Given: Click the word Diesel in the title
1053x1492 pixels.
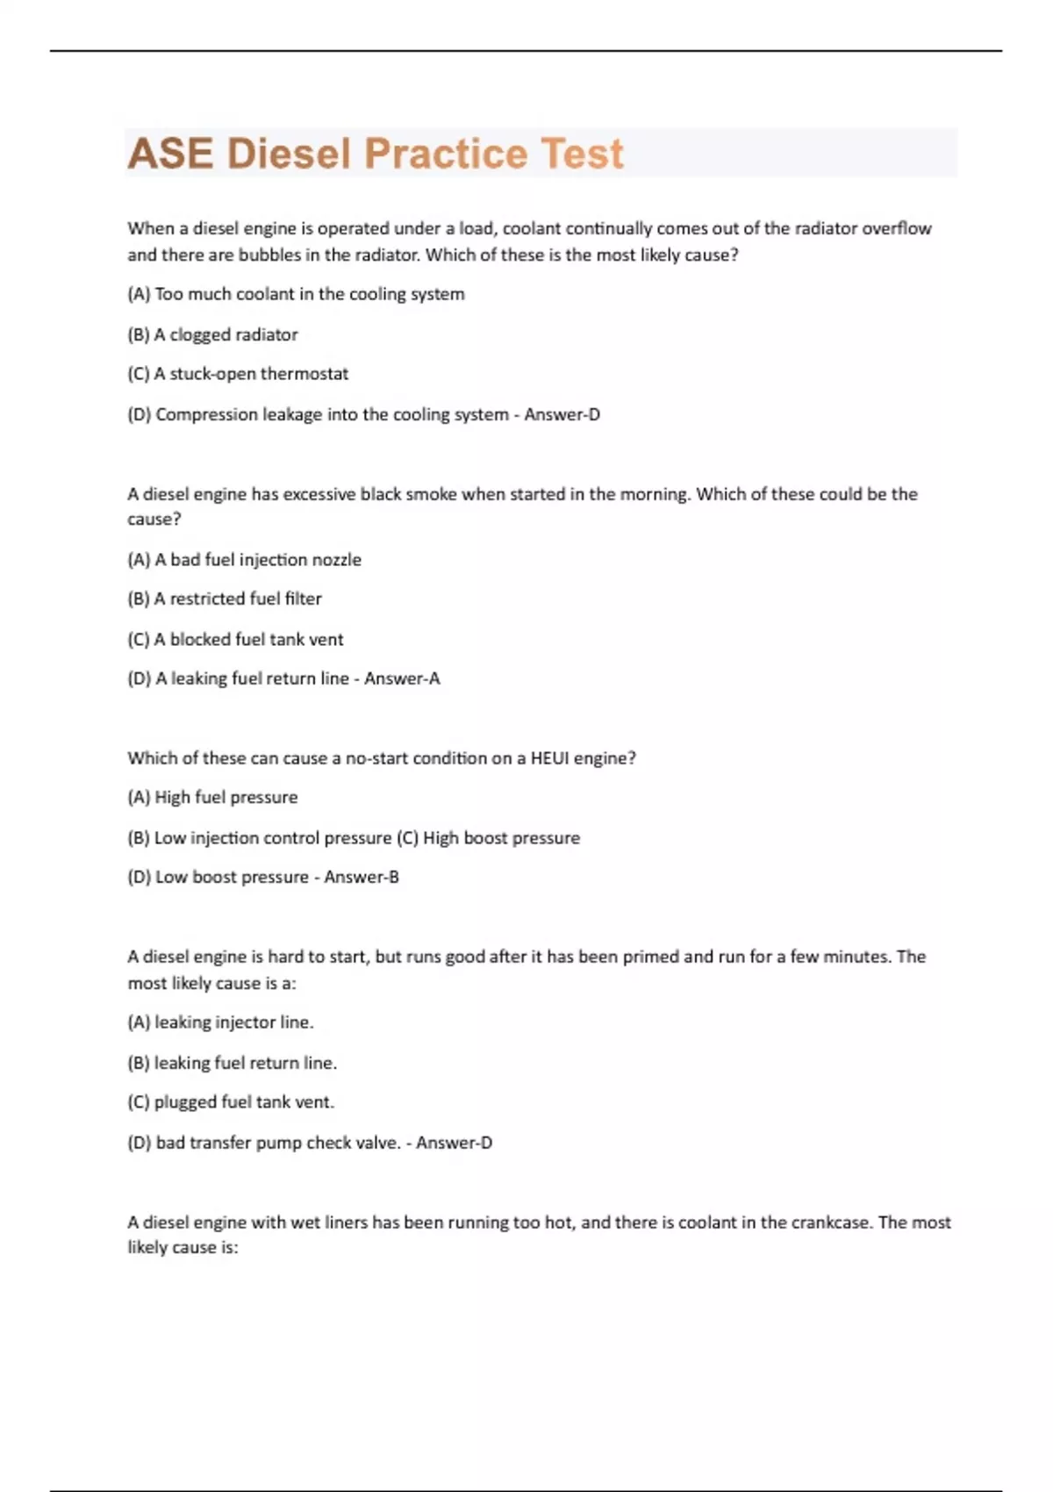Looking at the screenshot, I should click(289, 154).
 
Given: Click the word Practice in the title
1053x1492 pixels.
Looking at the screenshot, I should click(445, 154).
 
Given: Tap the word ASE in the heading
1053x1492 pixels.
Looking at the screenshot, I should click(170, 154).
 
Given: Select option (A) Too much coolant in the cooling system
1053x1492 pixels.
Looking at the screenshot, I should click(296, 294).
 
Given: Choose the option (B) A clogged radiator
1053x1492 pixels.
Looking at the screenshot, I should click(212, 334).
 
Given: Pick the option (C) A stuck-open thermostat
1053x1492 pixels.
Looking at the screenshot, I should click(238, 374).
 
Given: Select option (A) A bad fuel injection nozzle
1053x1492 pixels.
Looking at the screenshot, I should click(244, 559).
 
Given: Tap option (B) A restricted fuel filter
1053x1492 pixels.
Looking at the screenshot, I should click(225, 599).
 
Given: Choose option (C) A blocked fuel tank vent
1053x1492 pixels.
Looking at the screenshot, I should click(235, 639).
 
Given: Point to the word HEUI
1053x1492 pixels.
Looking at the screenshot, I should click(549, 758).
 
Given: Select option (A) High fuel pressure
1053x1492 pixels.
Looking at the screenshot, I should click(212, 797).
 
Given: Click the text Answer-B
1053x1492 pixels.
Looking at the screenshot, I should click(362, 877).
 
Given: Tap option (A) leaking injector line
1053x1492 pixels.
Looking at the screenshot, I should click(220, 1022).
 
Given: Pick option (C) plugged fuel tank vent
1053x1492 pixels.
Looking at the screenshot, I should click(231, 1102).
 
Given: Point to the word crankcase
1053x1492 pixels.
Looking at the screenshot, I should click(830, 1223).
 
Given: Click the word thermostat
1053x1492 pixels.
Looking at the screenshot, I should click(304, 374).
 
